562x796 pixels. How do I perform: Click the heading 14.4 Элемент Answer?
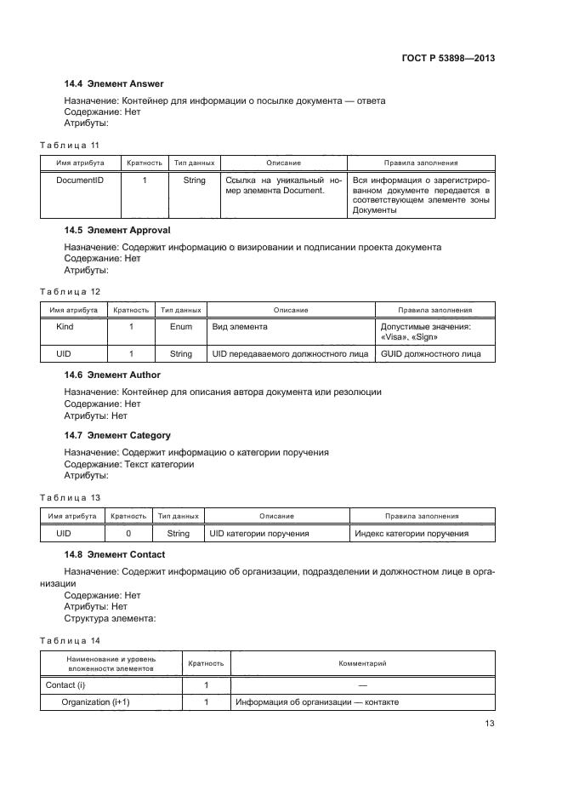pyautogui.click(x=114, y=83)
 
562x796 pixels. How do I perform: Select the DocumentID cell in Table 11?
pyautogui.click(x=80, y=180)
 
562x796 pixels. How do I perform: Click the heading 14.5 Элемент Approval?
pyautogui.click(x=117, y=230)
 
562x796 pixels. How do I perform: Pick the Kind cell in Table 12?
pyautogui.click(x=65, y=326)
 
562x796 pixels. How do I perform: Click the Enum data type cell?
pyautogui.click(x=181, y=326)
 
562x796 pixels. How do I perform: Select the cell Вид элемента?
pyautogui.click(x=240, y=326)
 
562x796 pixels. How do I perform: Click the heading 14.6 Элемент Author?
pyautogui.click(x=112, y=375)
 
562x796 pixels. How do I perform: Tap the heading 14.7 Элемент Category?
pyautogui.click(x=117, y=435)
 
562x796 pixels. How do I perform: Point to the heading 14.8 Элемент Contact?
pyautogui.click(x=115, y=554)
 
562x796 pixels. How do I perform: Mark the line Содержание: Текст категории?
pyautogui.click(x=129, y=464)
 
